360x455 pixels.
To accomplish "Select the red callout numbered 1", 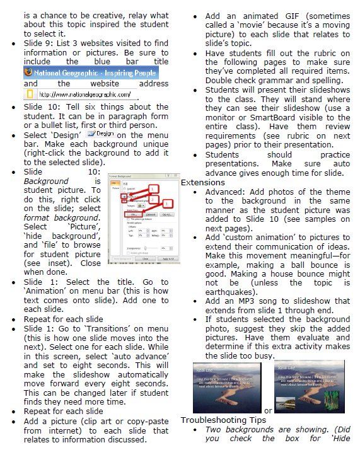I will click(x=154, y=187).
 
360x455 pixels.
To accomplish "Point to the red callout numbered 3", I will click(x=166, y=204).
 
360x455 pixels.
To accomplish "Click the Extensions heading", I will click(x=203, y=183).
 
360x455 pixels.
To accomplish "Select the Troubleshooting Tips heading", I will click(x=223, y=420).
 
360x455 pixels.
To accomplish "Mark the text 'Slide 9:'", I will click(x=38, y=43).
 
